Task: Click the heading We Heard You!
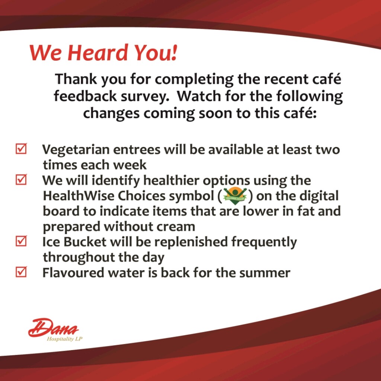click(x=103, y=52)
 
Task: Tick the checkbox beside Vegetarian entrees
click(x=21, y=149)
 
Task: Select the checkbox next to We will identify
click(x=21, y=180)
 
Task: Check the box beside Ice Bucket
click(x=21, y=241)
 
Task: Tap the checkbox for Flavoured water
click(x=21, y=272)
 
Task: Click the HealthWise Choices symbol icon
click(x=235, y=196)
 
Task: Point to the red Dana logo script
click(x=53, y=327)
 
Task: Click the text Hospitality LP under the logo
click(x=65, y=339)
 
